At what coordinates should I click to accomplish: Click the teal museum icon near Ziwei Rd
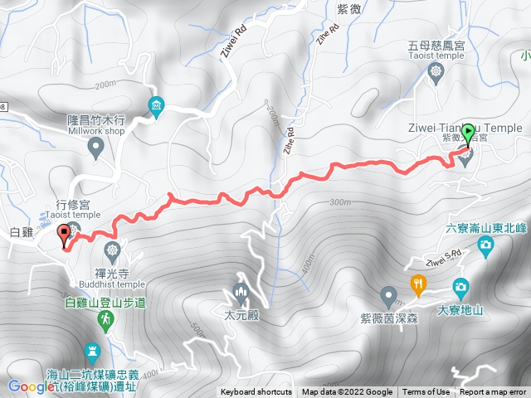(x=156, y=105)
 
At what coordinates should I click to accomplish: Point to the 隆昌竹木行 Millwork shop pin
(x=95, y=148)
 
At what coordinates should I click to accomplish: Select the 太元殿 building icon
(x=241, y=293)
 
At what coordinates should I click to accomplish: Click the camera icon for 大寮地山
(x=460, y=287)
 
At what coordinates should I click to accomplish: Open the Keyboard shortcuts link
(x=256, y=392)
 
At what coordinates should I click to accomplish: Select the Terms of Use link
(x=426, y=392)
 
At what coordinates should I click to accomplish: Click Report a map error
(x=493, y=392)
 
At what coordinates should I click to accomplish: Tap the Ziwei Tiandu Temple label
(x=465, y=128)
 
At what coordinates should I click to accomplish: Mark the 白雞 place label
(x=22, y=233)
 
